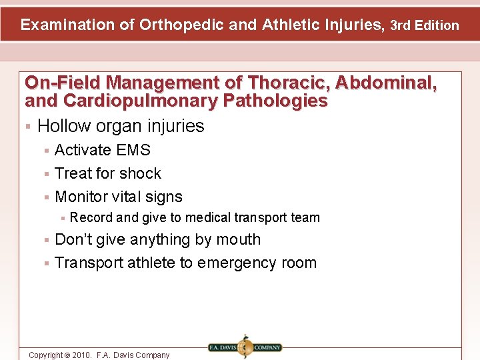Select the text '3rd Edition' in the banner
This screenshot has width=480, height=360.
(x=425, y=26)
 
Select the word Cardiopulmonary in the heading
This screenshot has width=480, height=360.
(x=132, y=101)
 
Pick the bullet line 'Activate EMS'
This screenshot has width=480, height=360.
(x=103, y=150)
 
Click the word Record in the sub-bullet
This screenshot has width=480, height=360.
(x=91, y=217)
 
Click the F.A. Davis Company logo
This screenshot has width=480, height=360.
(x=245, y=347)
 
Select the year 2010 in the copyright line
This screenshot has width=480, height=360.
(x=78, y=355)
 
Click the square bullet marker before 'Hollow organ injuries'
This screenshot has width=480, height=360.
(x=28, y=127)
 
